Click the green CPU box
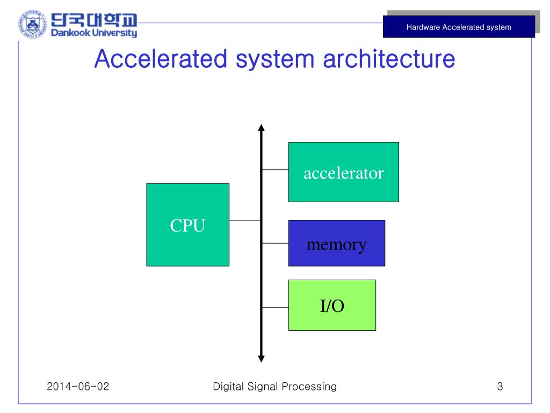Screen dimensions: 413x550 coord(187,225)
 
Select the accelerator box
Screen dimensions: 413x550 coord(343,172)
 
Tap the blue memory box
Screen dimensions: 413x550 coord(336,243)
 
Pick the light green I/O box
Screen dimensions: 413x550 coord(332,305)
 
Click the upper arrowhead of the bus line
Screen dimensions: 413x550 coord(262,128)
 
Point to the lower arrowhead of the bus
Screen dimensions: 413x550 coord(262,358)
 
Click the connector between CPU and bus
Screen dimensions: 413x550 coord(245,220)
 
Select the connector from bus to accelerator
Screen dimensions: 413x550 coord(275,169)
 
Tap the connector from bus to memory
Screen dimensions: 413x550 coord(275,243)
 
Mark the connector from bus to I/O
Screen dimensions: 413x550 coord(275,308)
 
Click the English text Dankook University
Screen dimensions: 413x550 coord(94,33)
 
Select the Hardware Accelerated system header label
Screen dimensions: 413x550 coord(459,27)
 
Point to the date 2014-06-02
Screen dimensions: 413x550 coord(78,386)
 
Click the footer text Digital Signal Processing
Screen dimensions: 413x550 coord(275,386)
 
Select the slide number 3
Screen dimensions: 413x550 coord(500,386)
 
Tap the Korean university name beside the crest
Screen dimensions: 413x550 coord(94,20)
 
